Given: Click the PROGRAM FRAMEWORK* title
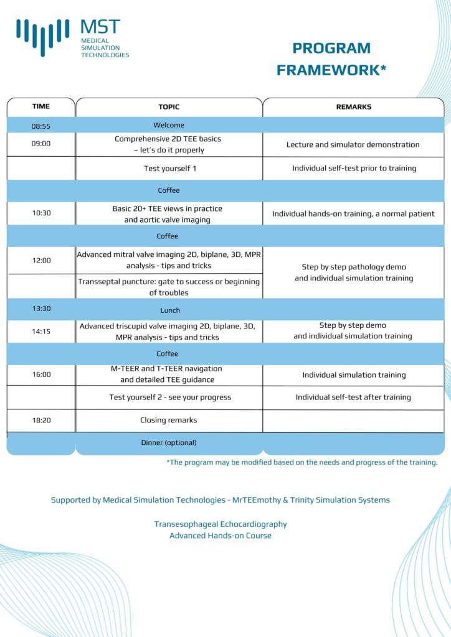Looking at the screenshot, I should pos(331,59).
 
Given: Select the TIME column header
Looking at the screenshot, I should pos(41,106).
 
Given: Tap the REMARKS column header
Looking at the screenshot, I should pos(353,107).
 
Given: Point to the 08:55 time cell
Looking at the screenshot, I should pos(41,126).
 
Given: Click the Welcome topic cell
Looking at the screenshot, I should pos(169,125).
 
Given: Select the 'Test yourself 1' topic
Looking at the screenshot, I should pos(169,168).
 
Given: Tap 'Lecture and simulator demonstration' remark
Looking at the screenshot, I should pos(353,144).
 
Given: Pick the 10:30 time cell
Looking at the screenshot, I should pos(41,213).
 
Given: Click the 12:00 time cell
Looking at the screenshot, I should pos(41,260).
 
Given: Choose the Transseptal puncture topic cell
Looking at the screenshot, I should pos(169,287).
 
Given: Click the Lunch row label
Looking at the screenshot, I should pos(169,310).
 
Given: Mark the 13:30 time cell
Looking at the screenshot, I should pos(41,309).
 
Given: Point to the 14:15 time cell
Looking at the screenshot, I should pos(41,332).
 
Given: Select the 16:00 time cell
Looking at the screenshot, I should pos(41,374).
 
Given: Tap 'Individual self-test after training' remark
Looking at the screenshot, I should pos(353,397).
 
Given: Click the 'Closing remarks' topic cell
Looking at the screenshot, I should pos(169,420).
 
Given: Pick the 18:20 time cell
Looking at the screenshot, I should pos(41,420).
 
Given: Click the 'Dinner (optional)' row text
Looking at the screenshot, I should pos(169,442).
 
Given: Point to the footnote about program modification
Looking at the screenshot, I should pos(301,462).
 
